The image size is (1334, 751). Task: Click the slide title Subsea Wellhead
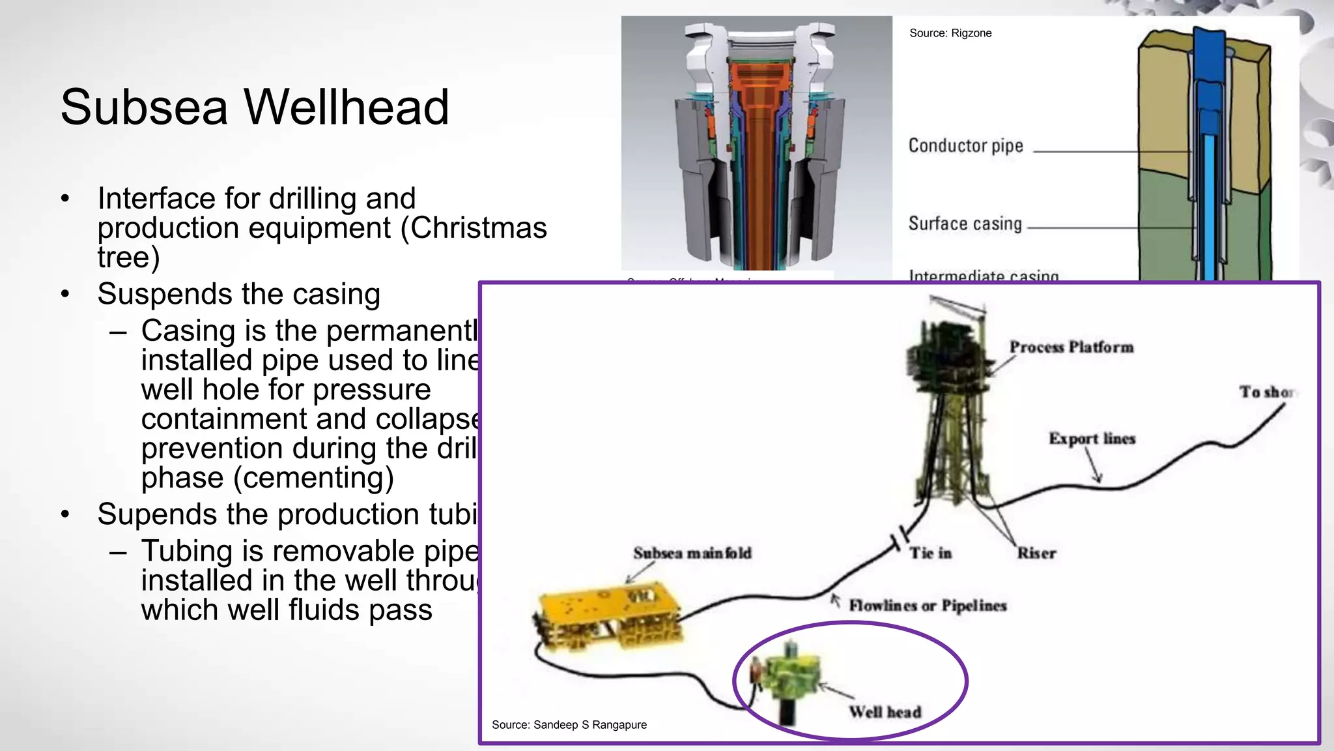pos(255,107)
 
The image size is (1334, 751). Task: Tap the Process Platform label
pos(1071,347)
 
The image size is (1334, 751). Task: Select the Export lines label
pos(1092,439)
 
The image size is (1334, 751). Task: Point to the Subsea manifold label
pos(692,553)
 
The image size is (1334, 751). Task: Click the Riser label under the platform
pos(1036,553)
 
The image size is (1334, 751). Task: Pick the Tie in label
pos(930,553)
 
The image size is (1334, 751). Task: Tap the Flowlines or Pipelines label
pos(928,606)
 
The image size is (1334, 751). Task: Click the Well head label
pos(885,712)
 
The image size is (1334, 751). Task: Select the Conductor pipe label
pos(965,145)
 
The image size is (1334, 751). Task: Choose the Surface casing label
pos(965,224)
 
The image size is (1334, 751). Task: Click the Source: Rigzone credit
pos(950,33)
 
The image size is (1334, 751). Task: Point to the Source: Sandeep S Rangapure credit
pos(569,725)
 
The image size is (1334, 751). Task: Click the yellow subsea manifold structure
pos(607,616)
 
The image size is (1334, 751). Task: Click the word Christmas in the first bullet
pos(478,228)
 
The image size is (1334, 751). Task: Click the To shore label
pos(1267,392)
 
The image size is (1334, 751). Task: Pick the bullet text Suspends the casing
pos(238,294)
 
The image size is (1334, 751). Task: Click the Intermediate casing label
pos(984,276)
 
